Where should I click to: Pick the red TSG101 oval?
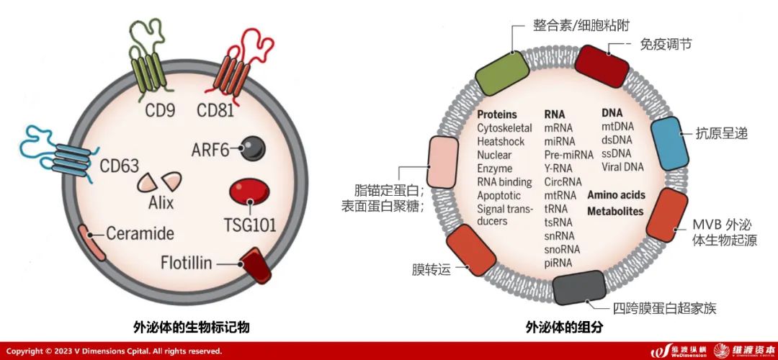(x=250, y=192)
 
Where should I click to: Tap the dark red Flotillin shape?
(x=254, y=264)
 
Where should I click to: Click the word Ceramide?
(x=140, y=234)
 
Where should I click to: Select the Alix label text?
(x=161, y=202)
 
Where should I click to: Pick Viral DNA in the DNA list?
(x=624, y=167)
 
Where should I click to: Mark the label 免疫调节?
(x=666, y=44)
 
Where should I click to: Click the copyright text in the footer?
(x=114, y=351)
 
